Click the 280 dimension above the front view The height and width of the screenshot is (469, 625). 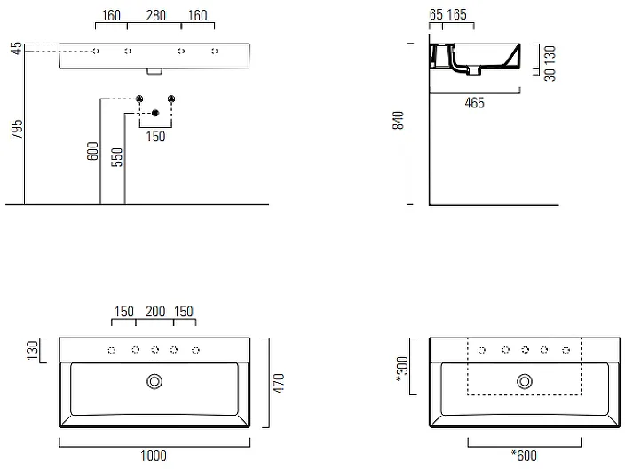[155, 16]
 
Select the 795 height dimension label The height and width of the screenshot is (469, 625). [17, 129]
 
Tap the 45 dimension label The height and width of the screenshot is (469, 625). [16, 48]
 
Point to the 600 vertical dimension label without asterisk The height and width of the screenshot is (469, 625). [92, 151]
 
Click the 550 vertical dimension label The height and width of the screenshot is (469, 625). [117, 157]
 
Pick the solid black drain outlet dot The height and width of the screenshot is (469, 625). [155, 114]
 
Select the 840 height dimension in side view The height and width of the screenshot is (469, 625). [398, 121]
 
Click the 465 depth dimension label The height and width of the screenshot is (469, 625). [474, 103]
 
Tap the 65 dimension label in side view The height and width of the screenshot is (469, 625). [436, 15]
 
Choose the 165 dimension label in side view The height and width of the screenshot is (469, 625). [456, 15]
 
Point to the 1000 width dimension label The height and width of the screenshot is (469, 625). [154, 456]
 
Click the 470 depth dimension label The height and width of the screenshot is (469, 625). [279, 383]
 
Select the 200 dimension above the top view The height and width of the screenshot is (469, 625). [155, 312]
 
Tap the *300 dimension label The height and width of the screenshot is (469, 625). [402, 370]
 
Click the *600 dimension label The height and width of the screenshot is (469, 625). [524, 456]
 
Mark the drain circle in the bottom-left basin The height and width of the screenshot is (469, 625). [154, 381]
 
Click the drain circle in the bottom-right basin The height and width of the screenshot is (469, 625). [525, 381]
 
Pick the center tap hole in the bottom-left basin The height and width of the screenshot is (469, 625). [155, 350]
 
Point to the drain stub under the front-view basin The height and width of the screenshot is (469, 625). [154, 71]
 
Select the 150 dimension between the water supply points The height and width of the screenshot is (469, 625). [155, 137]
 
